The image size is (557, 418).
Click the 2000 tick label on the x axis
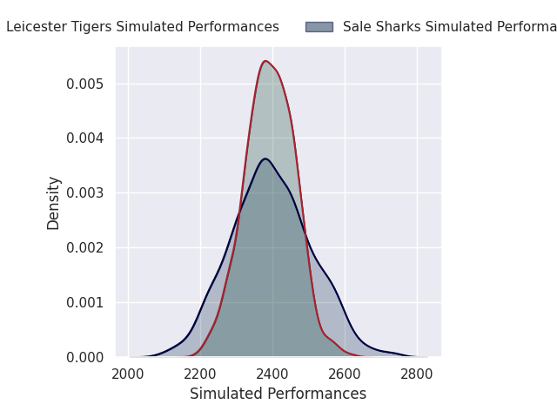(x=128, y=374)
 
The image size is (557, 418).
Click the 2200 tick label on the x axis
(x=200, y=374)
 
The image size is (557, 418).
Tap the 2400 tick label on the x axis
(x=272, y=374)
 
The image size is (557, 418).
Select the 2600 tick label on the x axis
(x=345, y=374)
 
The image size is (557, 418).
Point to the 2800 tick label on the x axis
(x=417, y=374)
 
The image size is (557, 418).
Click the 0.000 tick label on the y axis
(x=86, y=357)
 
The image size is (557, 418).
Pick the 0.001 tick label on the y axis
(x=86, y=302)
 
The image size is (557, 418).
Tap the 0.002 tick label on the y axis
(x=86, y=247)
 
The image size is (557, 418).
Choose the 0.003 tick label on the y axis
(x=86, y=192)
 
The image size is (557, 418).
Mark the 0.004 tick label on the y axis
(x=86, y=138)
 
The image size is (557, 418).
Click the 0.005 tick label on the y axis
(x=86, y=84)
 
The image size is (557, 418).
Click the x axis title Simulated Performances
(x=278, y=394)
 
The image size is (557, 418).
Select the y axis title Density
(x=54, y=202)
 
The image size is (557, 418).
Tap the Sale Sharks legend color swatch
(x=319, y=27)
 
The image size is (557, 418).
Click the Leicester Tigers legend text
(x=143, y=27)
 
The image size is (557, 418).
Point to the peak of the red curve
(x=265, y=61)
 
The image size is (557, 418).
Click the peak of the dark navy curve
(x=265, y=158)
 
